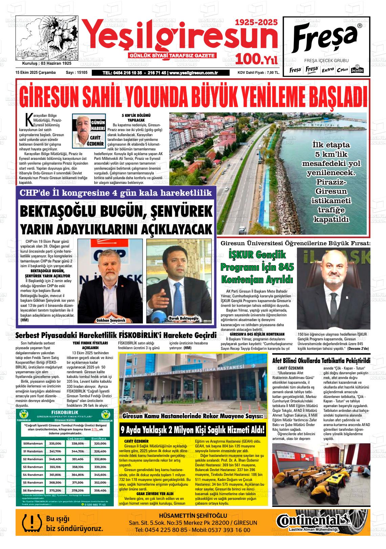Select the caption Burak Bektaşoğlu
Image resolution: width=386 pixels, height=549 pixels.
(x=183, y=318)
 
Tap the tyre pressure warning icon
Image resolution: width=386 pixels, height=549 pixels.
(x=30, y=522)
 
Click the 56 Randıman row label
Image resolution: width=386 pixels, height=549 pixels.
(x=33, y=490)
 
